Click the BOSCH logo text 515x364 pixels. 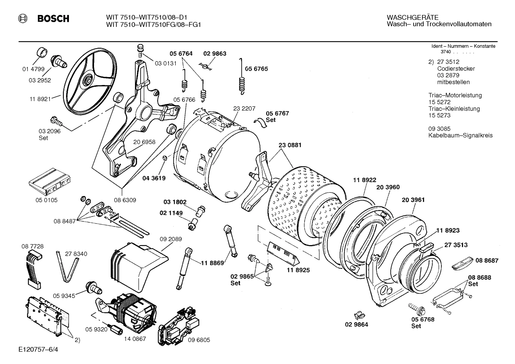(x=53, y=19)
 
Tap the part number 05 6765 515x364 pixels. (x=256, y=69)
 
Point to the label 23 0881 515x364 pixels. (x=290, y=145)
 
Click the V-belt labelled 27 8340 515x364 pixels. (x=67, y=266)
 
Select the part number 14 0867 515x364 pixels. (x=135, y=339)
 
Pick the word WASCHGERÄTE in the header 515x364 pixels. (x=412, y=18)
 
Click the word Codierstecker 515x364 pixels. (x=456, y=69)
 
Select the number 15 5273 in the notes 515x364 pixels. (x=439, y=115)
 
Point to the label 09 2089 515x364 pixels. (x=170, y=239)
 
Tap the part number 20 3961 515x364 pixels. (x=413, y=200)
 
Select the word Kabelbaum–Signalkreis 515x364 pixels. (x=460, y=135)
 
